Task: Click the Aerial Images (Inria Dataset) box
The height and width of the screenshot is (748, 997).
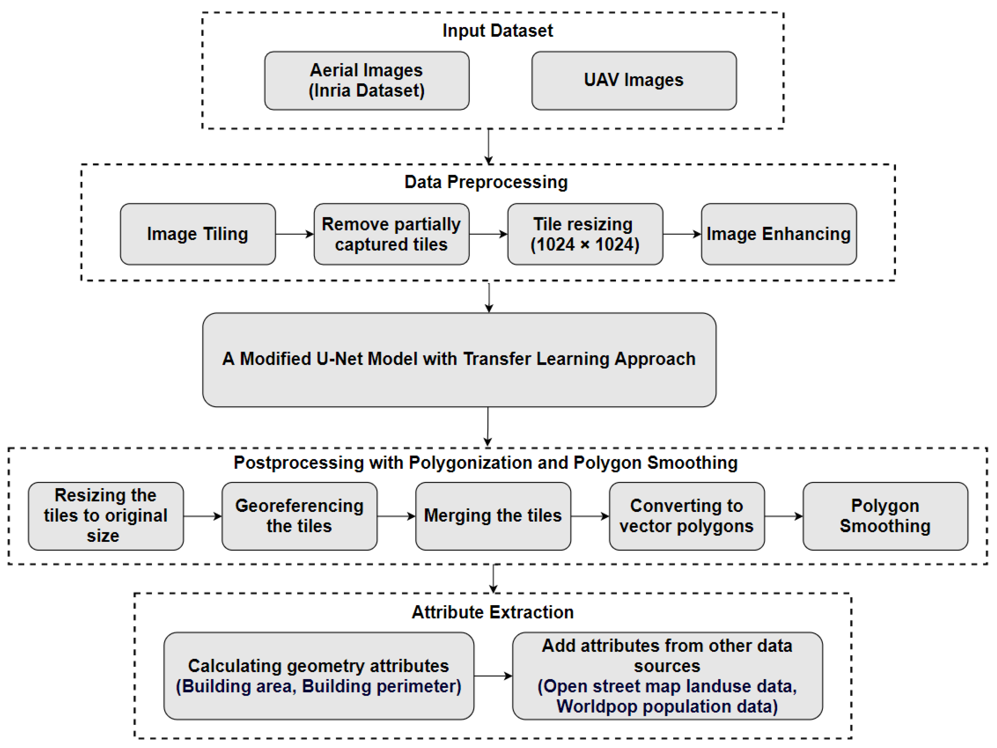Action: tap(367, 81)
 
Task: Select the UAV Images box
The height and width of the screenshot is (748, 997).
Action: tap(634, 81)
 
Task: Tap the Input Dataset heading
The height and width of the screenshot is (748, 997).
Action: tap(498, 31)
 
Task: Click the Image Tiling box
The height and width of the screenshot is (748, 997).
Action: tap(198, 234)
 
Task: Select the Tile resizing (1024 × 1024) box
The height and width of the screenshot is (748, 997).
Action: tap(585, 234)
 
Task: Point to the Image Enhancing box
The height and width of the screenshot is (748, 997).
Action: tap(779, 234)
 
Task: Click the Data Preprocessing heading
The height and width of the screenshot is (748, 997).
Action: tap(486, 182)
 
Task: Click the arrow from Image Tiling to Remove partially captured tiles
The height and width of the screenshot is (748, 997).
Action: tap(295, 234)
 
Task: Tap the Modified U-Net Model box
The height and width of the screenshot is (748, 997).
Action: tap(459, 360)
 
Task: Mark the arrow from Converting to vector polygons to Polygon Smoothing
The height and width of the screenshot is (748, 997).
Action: tap(784, 516)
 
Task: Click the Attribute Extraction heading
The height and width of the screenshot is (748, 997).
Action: tap(493, 612)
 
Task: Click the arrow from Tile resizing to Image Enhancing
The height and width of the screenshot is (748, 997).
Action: tap(682, 234)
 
